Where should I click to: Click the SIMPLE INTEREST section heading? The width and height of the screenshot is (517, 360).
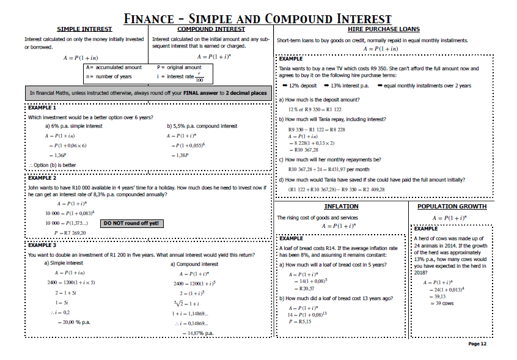[x=84, y=29]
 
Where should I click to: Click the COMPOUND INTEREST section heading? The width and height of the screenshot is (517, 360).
[x=211, y=29]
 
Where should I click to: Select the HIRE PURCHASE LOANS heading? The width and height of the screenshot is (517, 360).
[x=383, y=29]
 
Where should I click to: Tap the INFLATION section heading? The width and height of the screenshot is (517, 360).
[x=341, y=207]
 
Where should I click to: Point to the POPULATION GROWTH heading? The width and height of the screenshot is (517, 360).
[x=452, y=207]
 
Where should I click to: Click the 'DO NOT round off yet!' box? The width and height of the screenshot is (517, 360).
[x=131, y=223]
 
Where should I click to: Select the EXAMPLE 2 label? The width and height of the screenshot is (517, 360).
[x=42, y=178]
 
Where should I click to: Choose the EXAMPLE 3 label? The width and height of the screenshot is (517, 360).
[x=42, y=245]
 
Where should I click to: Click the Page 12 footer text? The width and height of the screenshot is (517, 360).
[x=477, y=344]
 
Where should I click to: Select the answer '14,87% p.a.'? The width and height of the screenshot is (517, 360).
[x=197, y=333]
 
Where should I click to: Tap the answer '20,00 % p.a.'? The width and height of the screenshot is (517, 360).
[x=71, y=322]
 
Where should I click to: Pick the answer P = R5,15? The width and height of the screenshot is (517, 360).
[x=301, y=321]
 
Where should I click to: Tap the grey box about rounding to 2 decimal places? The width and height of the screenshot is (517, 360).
[x=148, y=93]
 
